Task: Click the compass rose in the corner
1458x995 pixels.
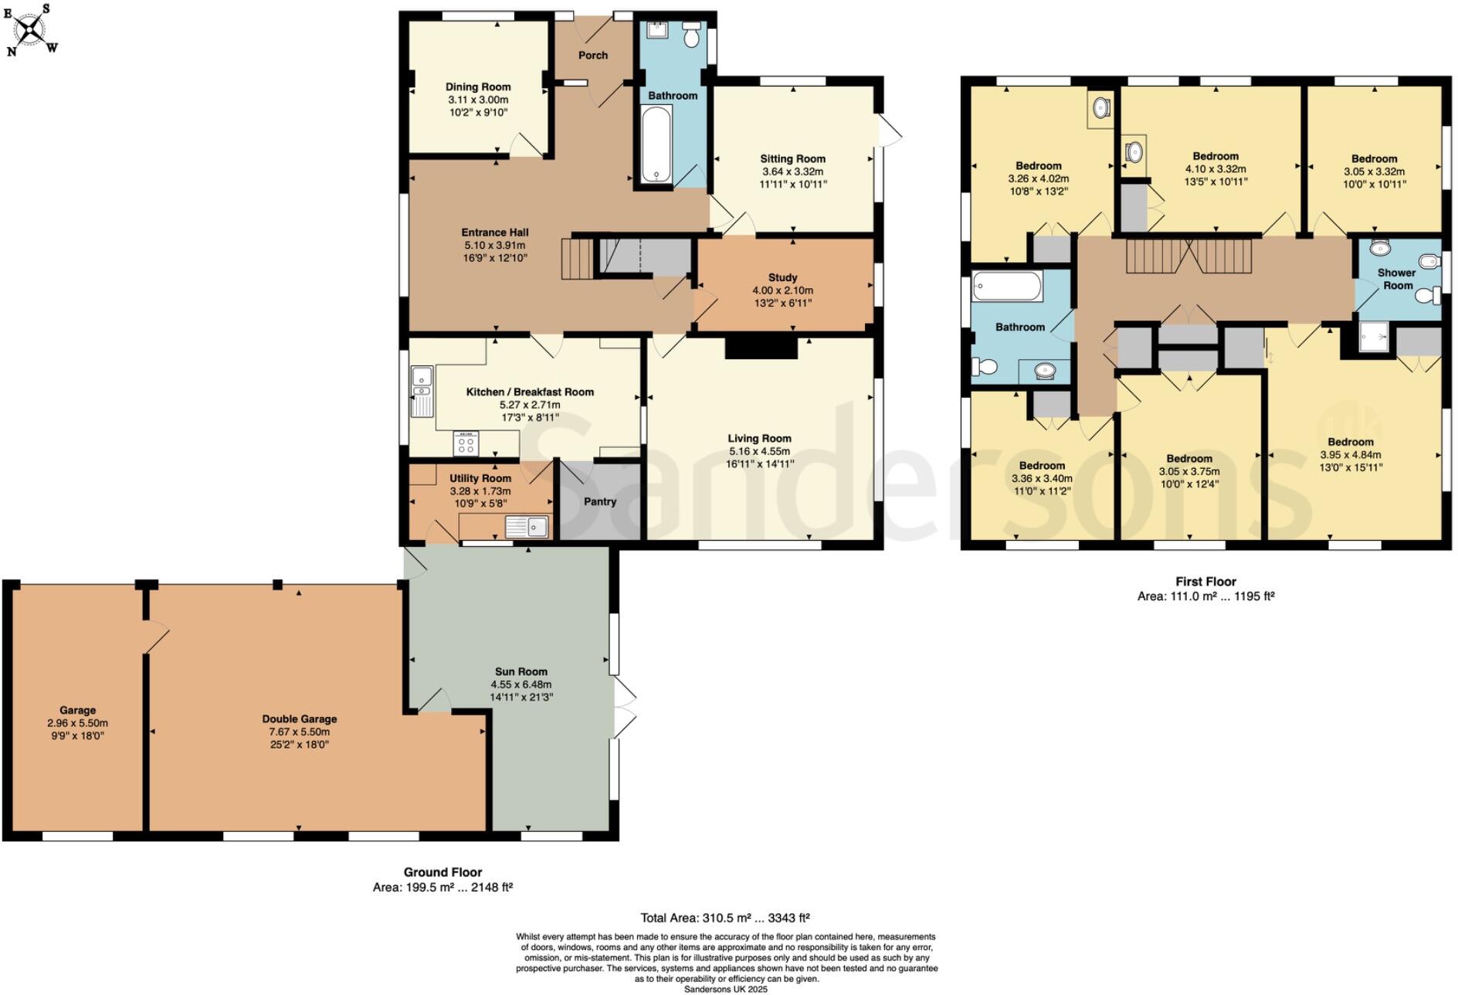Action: pyautogui.click(x=30, y=30)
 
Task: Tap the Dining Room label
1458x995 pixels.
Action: pyautogui.click(x=478, y=87)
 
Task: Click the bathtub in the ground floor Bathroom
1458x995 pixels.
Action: pyautogui.click(x=656, y=144)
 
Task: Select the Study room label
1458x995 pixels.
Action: pyautogui.click(x=782, y=277)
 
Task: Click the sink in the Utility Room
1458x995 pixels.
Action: pyautogui.click(x=527, y=527)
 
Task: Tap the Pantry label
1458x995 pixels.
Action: pyautogui.click(x=600, y=502)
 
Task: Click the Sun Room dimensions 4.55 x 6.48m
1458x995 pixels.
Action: pyautogui.click(x=521, y=684)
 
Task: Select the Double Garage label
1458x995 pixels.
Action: pyautogui.click(x=299, y=719)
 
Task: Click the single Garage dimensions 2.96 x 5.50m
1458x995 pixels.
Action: pyautogui.click(x=77, y=723)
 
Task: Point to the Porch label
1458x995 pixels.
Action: pyautogui.click(x=593, y=56)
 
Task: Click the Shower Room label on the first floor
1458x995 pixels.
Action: pyautogui.click(x=1396, y=279)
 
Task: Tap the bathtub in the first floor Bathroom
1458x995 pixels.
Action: pyautogui.click(x=1008, y=287)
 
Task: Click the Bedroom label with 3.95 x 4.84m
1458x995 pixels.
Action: pyautogui.click(x=1351, y=443)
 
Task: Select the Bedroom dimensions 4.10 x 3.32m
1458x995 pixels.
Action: pyautogui.click(x=1215, y=169)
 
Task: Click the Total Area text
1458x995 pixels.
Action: pyautogui.click(x=724, y=919)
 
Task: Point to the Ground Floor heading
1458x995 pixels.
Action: pyautogui.click(x=442, y=872)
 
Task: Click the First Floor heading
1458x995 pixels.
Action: pyautogui.click(x=1205, y=582)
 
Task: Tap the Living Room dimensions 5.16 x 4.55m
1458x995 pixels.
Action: pyautogui.click(x=759, y=451)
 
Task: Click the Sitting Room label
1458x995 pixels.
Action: pyautogui.click(x=792, y=159)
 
